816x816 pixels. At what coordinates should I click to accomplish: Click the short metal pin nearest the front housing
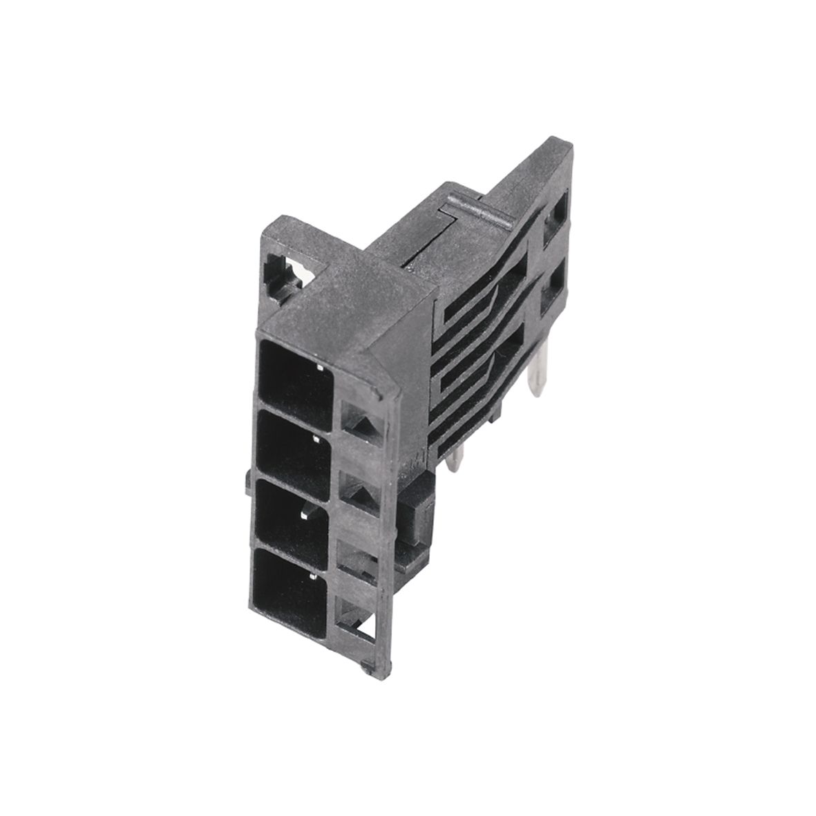[x=453, y=459]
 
